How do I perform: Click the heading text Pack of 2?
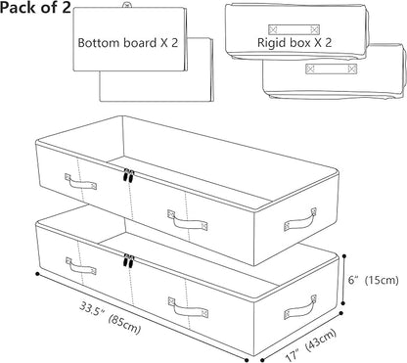coord(35,8)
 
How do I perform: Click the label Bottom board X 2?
coord(128,43)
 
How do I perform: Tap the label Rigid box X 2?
coord(294,43)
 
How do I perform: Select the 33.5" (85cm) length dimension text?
coord(111,318)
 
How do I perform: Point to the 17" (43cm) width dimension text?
coord(310,345)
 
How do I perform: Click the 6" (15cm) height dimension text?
coord(373,280)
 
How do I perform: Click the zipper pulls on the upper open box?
coord(128,176)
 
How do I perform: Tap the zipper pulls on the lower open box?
coord(128,260)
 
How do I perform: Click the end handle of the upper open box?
coord(300,220)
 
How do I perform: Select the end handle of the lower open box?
coord(300,307)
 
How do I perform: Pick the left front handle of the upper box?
coord(80,182)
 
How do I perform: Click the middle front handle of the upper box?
coord(188,220)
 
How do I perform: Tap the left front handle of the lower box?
coord(81,266)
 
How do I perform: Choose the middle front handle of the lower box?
coord(188,307)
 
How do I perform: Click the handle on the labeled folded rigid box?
coord(294,29)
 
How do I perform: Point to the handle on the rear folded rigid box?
coord(331,68)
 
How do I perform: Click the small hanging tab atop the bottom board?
coord(126,5)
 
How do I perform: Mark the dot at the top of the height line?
coord(344,256)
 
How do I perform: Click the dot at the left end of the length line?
coord(37,274)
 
